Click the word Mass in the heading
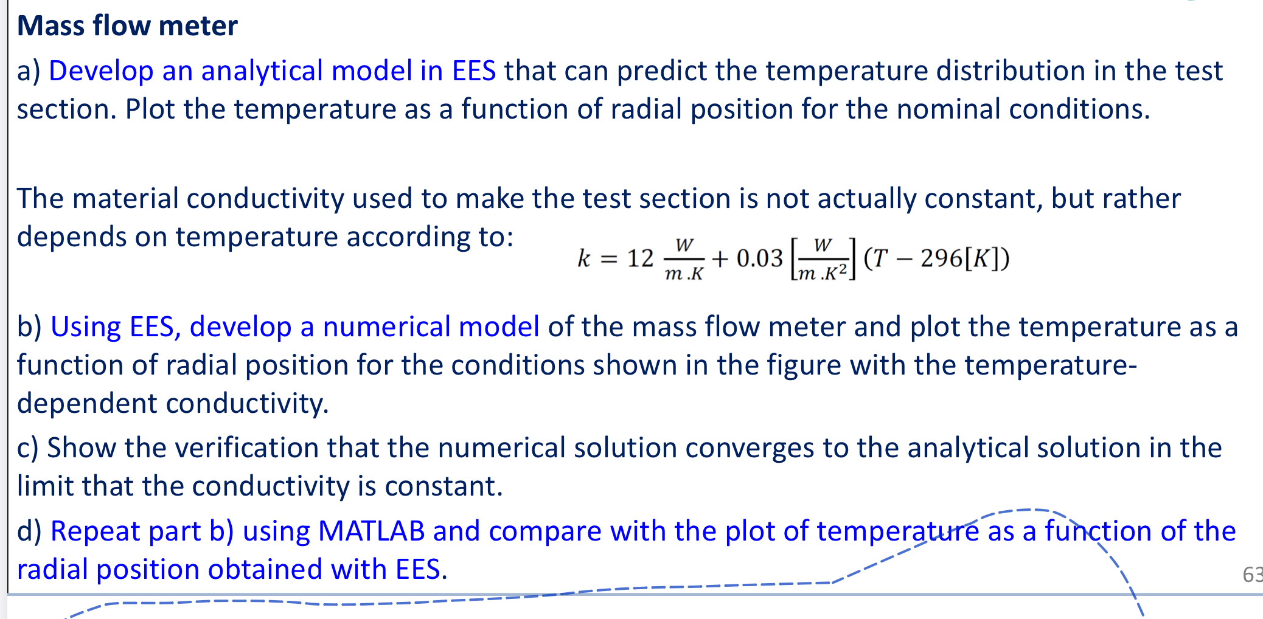click(50, 26)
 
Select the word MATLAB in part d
click(371, 531)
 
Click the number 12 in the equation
click(640, 259)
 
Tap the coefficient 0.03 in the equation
click(759, 259)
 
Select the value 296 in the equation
click(941, 259)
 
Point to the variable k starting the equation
click(583, 259)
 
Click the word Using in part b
click(86, 327)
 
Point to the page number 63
click(1252, 575)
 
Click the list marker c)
click(27, 448)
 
